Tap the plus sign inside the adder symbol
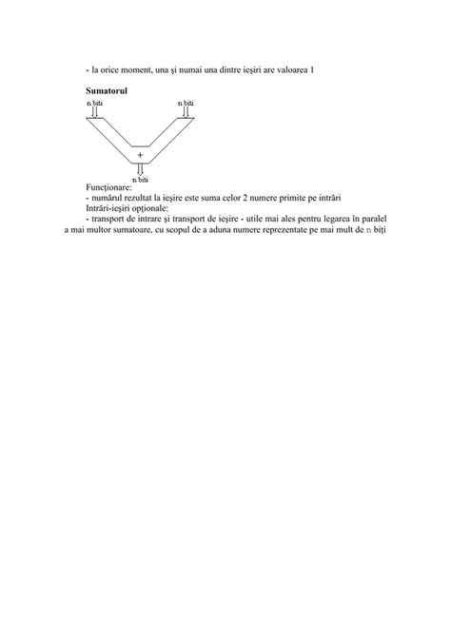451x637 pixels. click(141, 154)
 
